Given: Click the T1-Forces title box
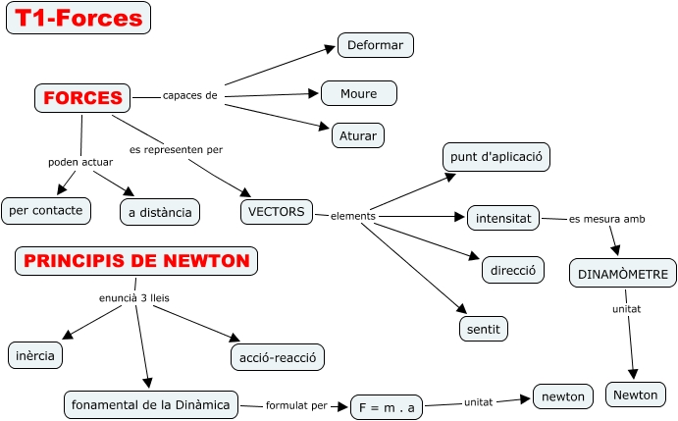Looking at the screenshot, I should [78, 18].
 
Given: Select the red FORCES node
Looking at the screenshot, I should [82, 97].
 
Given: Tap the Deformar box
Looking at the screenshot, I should [377, 45].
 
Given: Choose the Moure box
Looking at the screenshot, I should [359, 93].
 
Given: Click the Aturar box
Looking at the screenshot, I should [357, 134].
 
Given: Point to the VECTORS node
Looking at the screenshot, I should [277, 211].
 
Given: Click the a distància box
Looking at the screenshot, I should [161, 211].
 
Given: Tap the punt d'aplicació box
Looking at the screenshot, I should [495, 156].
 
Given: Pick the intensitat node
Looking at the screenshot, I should [503, 218].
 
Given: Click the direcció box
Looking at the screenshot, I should [513, 269].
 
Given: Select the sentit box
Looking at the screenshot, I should [484, 328].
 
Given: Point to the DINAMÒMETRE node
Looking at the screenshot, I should [623, 274].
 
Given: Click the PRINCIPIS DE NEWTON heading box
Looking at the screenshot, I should [136, 261].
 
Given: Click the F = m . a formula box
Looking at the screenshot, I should [386, 406].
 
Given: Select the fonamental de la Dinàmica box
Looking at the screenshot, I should [151, 403].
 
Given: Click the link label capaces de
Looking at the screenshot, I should [189, 96].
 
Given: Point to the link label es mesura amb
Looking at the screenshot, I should [606, 218].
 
